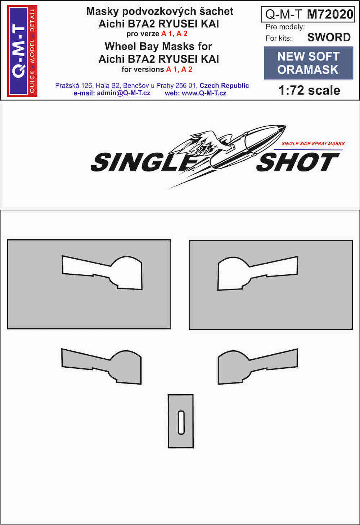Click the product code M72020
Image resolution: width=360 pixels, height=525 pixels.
coord(330,14)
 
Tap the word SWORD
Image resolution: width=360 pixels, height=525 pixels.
coord(329,37)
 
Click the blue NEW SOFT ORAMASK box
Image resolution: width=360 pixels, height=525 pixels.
coord(309,63)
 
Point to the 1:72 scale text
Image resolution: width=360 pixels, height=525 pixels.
coord(309,90)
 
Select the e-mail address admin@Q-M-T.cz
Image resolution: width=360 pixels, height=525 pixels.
coord(123,93)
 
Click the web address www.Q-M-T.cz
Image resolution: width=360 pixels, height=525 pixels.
coord(204,93)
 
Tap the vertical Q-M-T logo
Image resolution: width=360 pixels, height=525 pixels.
coord(22,51)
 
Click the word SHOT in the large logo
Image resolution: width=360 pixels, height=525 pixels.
coord(298,162)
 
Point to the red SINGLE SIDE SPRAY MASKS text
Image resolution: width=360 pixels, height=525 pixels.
coord(313,143)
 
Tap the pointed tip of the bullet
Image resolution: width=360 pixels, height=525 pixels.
coord(286,126)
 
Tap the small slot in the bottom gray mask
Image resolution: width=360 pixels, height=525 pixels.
coord(181,422)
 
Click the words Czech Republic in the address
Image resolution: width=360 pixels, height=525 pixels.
coord(224,86)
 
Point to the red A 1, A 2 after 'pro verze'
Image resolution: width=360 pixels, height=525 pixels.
coord(174,34)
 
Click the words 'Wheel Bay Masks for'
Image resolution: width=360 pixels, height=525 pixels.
coord(158,46)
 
